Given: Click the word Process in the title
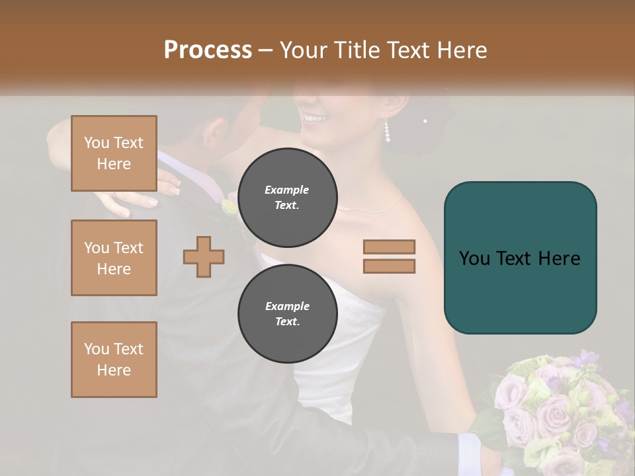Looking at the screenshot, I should coord(208,50).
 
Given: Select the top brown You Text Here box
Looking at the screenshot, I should coord(114,153).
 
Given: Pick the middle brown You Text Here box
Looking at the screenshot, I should coord(114,258).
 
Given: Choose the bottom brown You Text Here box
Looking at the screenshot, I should coord(114,360).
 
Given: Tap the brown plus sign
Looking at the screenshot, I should coord(204,257).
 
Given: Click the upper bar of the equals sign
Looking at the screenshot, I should coord(389,247).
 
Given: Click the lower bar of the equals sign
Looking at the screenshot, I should coord(389,266).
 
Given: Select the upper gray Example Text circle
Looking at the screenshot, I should coord(287,198).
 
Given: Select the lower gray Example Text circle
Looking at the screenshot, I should coord(287,314).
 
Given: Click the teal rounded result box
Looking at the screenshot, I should coord(520,258).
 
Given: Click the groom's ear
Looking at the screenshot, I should coord(214,132).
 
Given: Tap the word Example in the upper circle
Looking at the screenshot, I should coord(287,190).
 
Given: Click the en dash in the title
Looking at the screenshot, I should coord(266,50).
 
